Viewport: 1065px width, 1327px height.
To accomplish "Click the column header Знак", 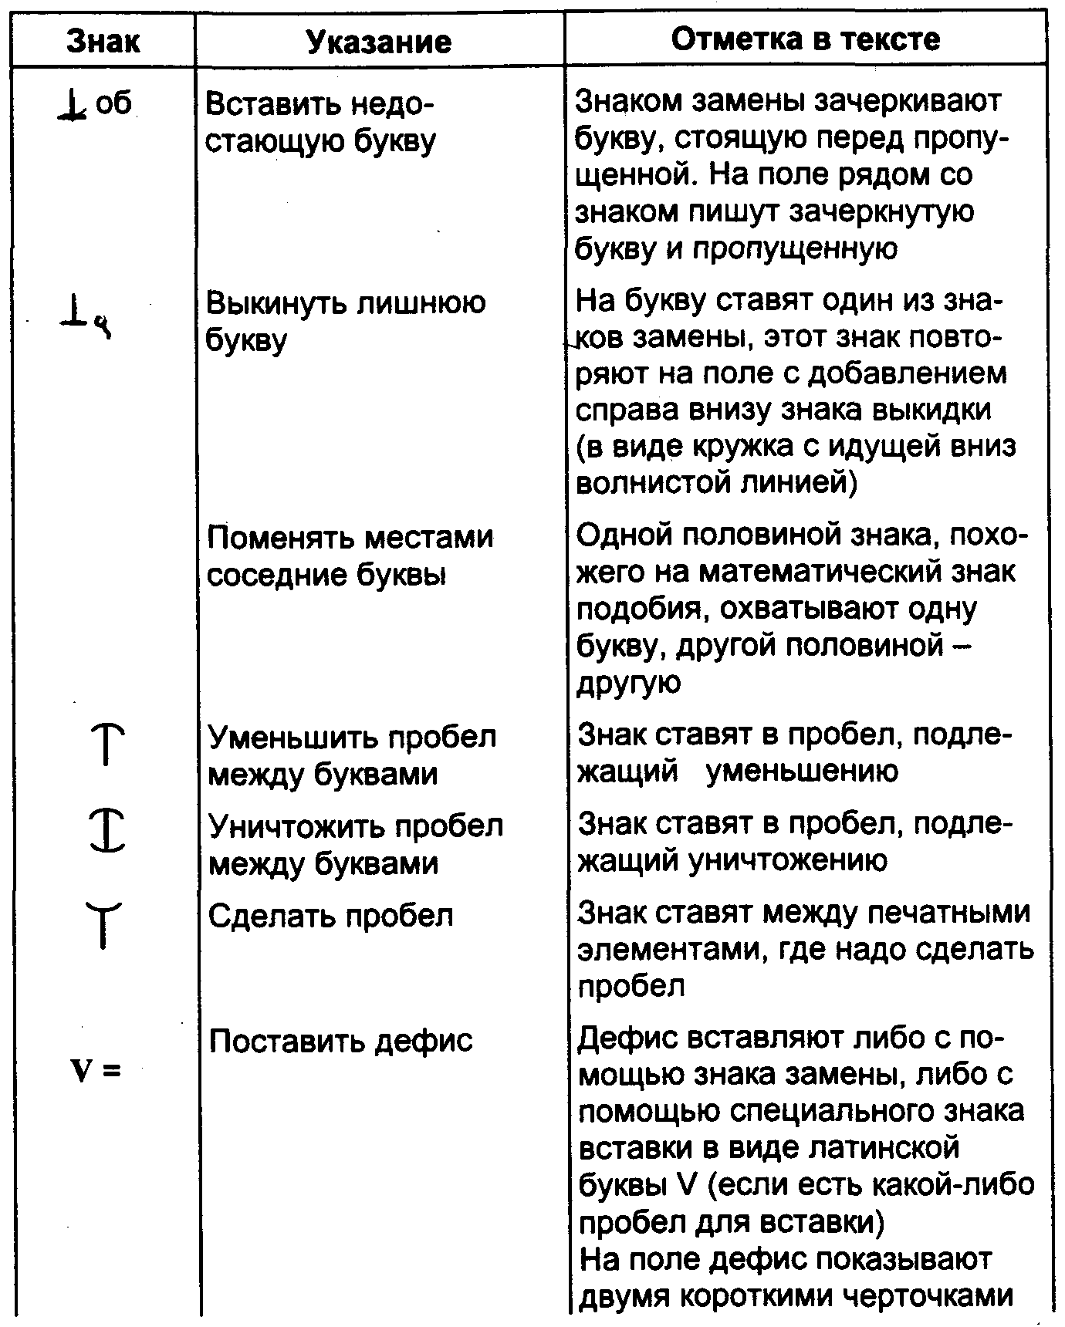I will (x=103, y=41).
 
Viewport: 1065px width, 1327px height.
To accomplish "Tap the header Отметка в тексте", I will (x=806, y=39).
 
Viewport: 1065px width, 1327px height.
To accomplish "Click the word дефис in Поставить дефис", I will (x=423, y=1041).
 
